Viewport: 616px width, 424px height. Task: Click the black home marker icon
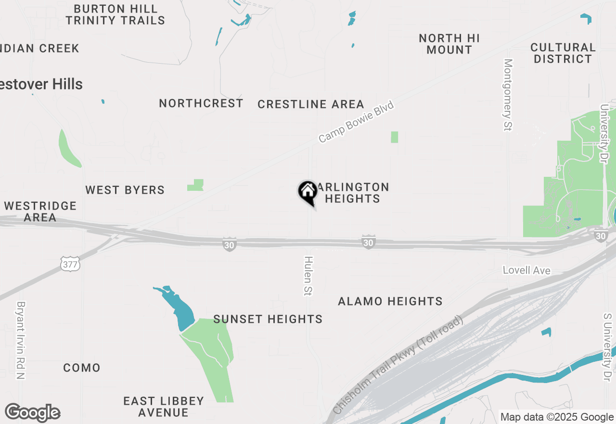(308, 192)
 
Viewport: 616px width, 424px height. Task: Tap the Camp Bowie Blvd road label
(356, 122)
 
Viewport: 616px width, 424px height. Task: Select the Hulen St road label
(308, 275)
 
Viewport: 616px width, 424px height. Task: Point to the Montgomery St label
(508, 94)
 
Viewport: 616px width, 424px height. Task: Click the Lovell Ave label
(526, 270)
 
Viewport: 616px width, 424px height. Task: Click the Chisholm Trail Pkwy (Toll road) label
(398, 365)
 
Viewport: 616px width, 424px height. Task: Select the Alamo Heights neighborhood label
(390, 302)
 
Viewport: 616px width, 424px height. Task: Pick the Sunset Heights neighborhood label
(268, 319)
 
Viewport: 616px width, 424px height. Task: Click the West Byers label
(125, 190)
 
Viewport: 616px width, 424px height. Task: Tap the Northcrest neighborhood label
(201, 104)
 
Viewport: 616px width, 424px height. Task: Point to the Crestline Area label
(311, 105)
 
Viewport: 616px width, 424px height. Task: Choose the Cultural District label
(563, 53)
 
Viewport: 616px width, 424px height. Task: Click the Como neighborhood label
(82, 368)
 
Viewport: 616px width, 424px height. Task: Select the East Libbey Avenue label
(164, 407)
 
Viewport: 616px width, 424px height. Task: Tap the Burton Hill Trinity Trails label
(115, 14)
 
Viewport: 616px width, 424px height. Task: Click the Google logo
(33, 413)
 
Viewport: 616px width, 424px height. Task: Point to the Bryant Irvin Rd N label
(21, 340)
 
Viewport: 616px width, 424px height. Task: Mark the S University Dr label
(607, 347)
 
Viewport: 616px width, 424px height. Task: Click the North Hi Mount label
(449, 44)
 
